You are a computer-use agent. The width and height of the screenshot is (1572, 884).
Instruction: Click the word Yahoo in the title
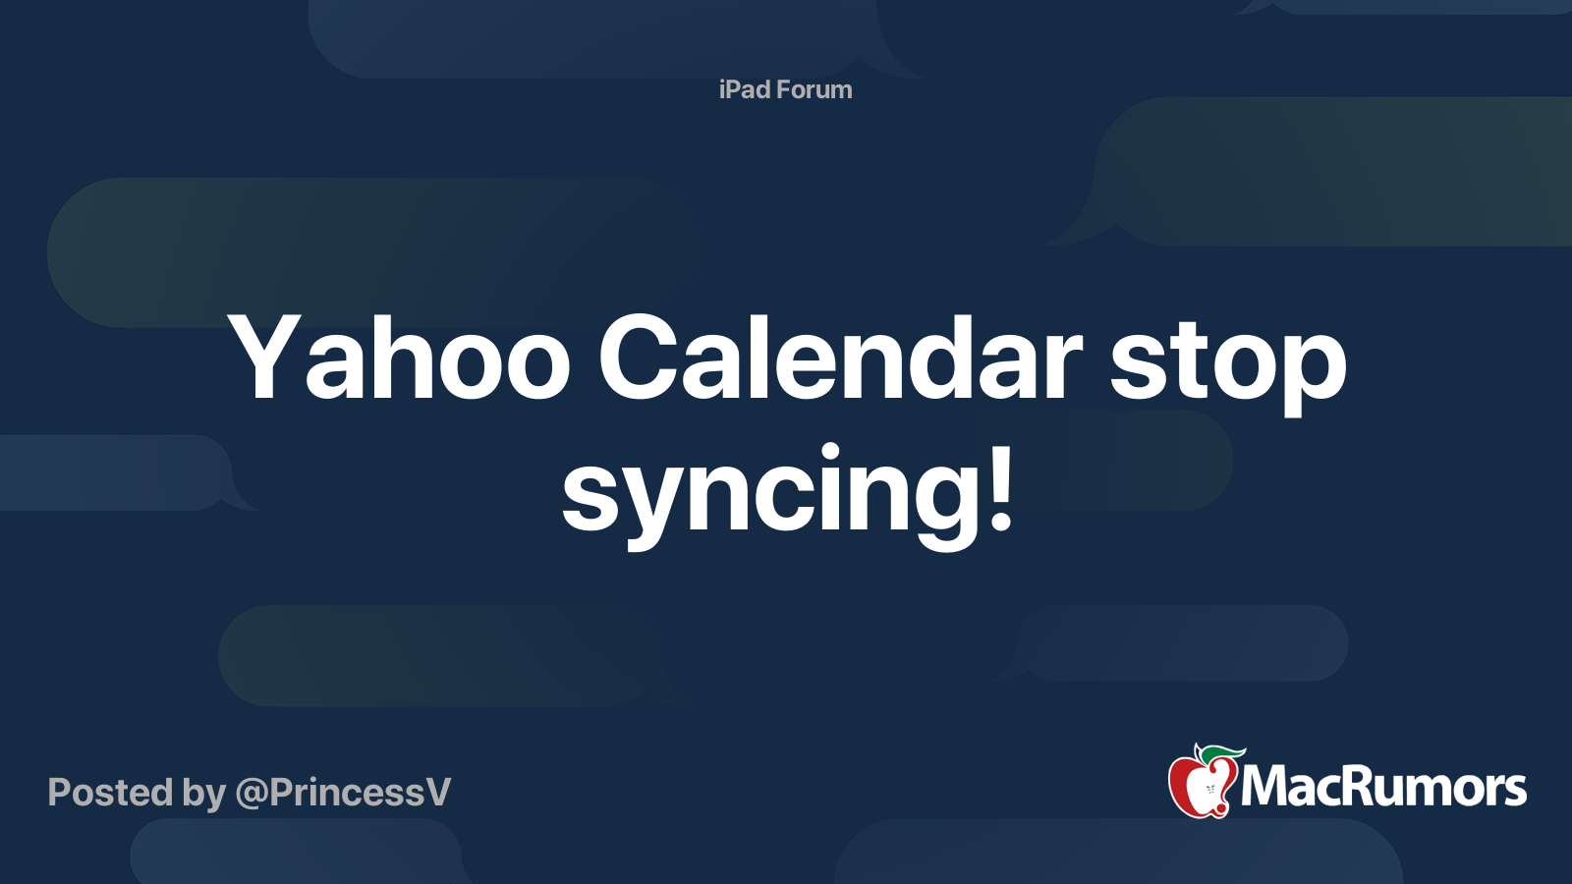[x=398, y=358]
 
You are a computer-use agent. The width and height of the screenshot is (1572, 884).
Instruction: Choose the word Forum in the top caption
[x=812, y=89]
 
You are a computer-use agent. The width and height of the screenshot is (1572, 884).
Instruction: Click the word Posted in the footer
[x=110, y=792]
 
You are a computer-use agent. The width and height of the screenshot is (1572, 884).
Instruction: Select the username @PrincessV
[x=343, y=793]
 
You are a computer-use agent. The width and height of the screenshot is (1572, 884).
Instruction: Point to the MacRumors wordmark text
[x=1383, y=787]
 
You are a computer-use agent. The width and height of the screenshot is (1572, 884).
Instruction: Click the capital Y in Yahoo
[x=262, y=358]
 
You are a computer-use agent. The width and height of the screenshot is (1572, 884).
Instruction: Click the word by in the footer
[x=203, y=795]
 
